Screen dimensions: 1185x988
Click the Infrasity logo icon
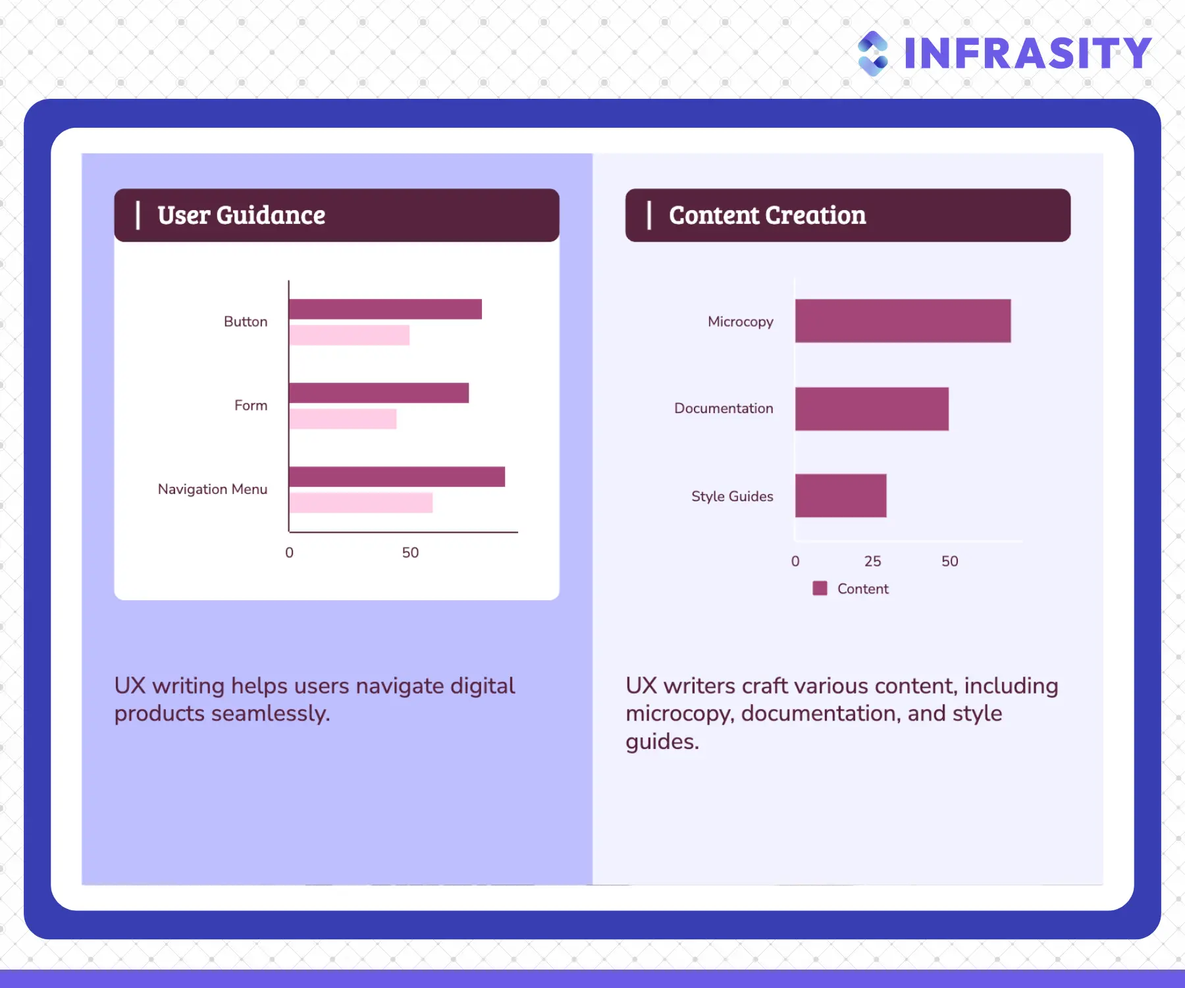click(x=873, y=53)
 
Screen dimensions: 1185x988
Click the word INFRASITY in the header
click(x=1028, y=53)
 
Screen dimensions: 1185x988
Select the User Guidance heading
click(x=241, y=215)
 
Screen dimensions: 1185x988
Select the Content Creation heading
click(x=767, y=215)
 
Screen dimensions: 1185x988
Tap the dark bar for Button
click(x=385, y=309)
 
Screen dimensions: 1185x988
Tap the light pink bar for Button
click(x=349, y=335)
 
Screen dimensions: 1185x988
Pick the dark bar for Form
click(x=379, y=393)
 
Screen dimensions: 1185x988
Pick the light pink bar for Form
click(x=342, y=419)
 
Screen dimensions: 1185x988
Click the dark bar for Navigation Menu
click(x=397, y=477)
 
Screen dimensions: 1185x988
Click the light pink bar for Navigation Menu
click(x=361, y=503)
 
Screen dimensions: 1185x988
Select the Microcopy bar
click(x=903, y=321)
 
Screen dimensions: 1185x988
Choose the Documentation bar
click(x=872, y=409)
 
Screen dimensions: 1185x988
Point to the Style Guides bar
click(x=841, y=495)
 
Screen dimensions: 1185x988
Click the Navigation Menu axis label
click(x=213, y=489)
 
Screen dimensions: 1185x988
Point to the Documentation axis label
click(x=724, y=408)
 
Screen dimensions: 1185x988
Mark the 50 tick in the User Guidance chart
click(x=410, y=553)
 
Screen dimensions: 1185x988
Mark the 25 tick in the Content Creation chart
click(x=872, y=561)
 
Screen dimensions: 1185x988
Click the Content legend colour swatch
click(x=820, y=588)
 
